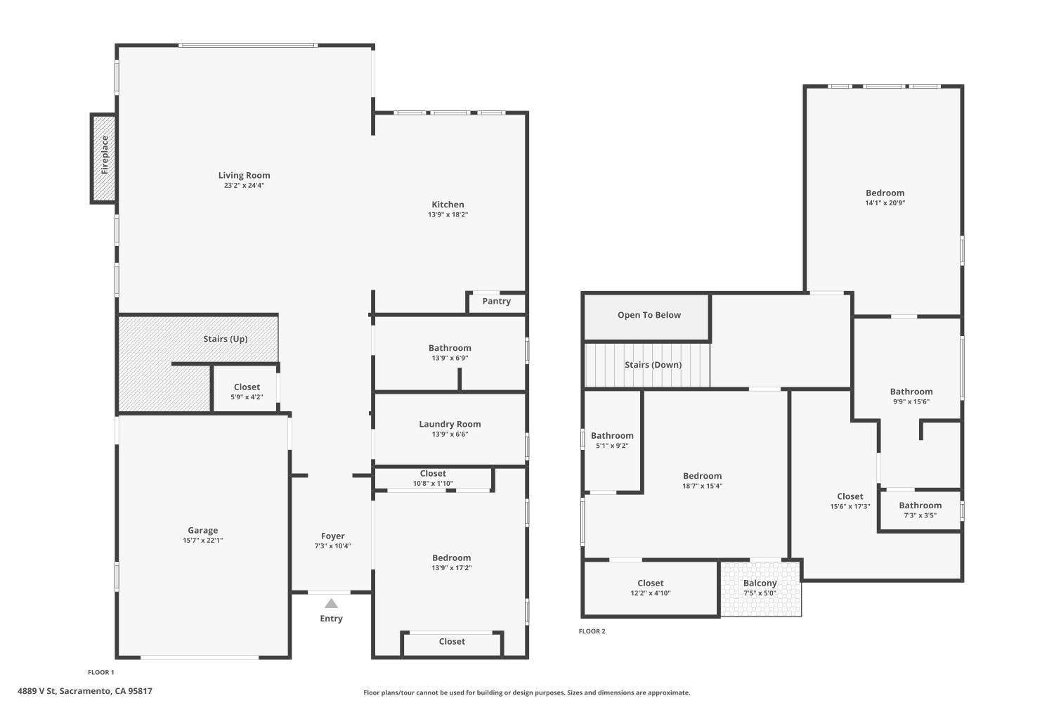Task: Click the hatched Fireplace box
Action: pyautogui.click(x=103, y=158)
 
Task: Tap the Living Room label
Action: pyautogui.click(x=245, y=175)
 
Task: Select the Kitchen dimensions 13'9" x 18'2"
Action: pyautogui.click(x=448, y=214)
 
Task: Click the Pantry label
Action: pyautogui.click(x=496, y=302)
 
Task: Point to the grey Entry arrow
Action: pyautogui.click(x=331, y=603)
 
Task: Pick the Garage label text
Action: pyautogui.click(x=203, y=530)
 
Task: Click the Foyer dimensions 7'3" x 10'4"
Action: pyautogui.click(x=332, y=546)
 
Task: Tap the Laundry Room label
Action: pyautogui.click(x=450, y=424)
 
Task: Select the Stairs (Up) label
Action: pyautogui.click(x=226, y=339)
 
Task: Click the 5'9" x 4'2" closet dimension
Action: pyautogui.click(x=247, y=397)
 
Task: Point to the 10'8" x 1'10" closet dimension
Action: pyautogui.click(x=433, y=484)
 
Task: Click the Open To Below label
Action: pyautogui.click(x=649, y=315)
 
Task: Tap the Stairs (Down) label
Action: pyautogui.click(x=653, y=365)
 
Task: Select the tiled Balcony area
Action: pyautogui.click(x=761, y=588)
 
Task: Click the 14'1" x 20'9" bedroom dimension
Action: pyautogui.click(x=885, y=203)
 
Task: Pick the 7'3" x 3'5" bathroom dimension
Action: pyautogui.click(x=920, y=515)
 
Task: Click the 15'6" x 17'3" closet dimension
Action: pyautogui.click(x=850, y=507)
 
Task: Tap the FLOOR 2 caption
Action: pyautogui.click(x=592, y=631)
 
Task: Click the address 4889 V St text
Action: pyautogui.click(x=37, y=691)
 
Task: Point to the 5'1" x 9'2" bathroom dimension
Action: pyautogui.click(x=612, y=446)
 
